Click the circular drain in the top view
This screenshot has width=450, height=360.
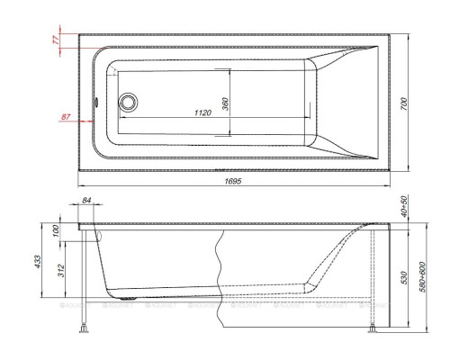coord(129,103)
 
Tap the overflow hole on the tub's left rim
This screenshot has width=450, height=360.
coord(97,102)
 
